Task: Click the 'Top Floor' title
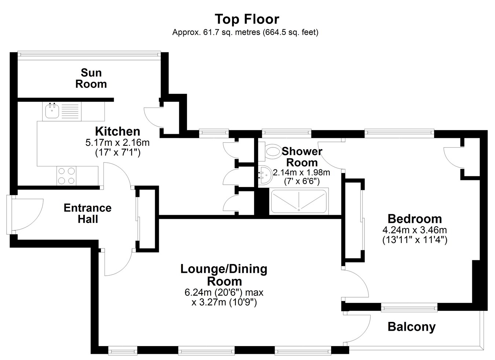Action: [x=247, y=19]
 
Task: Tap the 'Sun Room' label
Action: [x=91, y=78]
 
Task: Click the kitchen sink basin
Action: [x=52, y=111]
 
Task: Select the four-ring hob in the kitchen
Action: [x=66, y=176]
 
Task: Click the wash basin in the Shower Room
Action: [x=265, y=175]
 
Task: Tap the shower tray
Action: [x=299, y=201]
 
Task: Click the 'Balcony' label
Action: [x=411, y=327]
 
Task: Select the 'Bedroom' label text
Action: [x=415, y=219]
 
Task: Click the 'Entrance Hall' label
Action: [x=88, y=213]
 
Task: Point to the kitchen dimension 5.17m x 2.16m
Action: [x=118, y=143]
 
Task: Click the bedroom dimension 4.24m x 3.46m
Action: [x=415, y=230]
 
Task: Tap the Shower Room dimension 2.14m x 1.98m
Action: [x=301, y=172]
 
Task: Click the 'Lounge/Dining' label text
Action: [x=224, y=269]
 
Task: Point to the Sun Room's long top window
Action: [x=89, y=54]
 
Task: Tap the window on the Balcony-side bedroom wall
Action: [x=409, y=307]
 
